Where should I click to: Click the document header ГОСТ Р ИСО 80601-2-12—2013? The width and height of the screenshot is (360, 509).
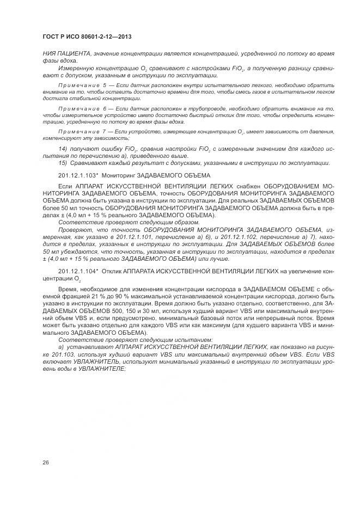tap(87, 36)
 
